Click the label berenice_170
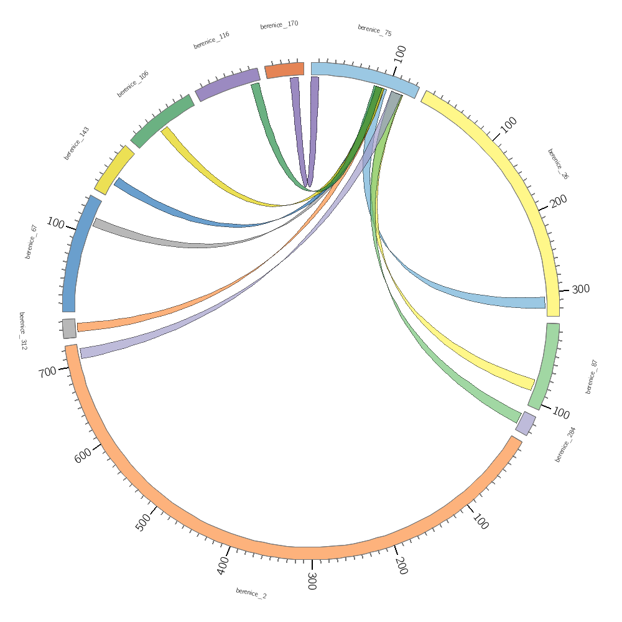(x=279, y=25)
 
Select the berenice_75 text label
(x=374, y=30)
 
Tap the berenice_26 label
(x=558, y=164)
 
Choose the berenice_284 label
(x=565, y=444)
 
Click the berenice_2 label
(x=251, y=593)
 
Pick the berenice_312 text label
(x=23, y=331)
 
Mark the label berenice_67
(x=32, y=242)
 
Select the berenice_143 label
(x=77, y=143)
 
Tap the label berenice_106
(x=133, y=84)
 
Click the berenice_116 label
(x=211, y=40)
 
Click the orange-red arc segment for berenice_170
(x=285, y=70)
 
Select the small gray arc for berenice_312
(x=69, y=328)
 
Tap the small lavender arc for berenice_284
(x=526, y=424)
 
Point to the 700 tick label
(x=47, y=372)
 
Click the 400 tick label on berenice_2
(x=223, y=565)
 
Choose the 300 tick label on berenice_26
(x=581, y=289)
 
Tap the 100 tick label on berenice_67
(x=55, y=223)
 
